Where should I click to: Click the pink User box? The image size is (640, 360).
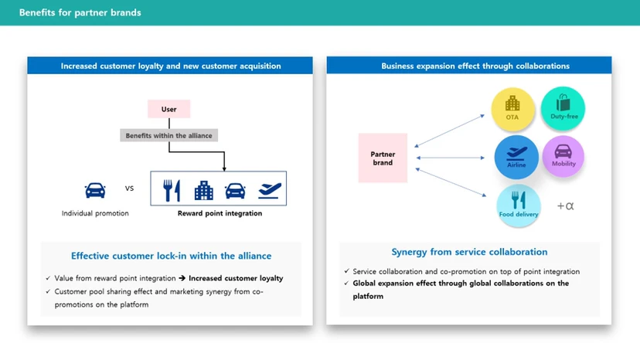pyautogui.click(x=169, y=109)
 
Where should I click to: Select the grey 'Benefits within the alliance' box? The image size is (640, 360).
pyautogui.click(x=169, y=136)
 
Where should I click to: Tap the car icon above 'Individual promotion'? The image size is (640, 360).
pyautogui.click(x=95, y=189)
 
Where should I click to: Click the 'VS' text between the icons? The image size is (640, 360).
pyautogui.click(x=129, y=188)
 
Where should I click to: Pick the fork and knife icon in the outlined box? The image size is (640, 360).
pyautogui.click(x=172, y=189)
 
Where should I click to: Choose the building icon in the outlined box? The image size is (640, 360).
pyautogui.click(x=203, y=189)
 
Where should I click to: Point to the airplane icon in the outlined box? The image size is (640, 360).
pyautogui.click(x=268, y=189)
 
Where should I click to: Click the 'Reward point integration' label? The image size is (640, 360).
pyautogui.click(x=220, y=213)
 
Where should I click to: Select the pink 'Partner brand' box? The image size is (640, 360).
pyautogui.click(x=383, y=158)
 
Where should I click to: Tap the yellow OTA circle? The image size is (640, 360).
pyautogui.click(x=512, y=108)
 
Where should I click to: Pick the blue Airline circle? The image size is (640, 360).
pyautogui.click(x=516, y=157)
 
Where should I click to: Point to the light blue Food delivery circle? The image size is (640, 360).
pyautogui.click(x=519, y=205)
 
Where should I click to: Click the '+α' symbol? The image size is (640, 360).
pyautogui.click(x=567, y=206)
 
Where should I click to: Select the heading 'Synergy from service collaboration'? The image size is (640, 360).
pyautogui.click(x=469, y=252)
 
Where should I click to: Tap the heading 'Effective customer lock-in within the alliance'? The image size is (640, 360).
pyautogui.click(x=171, y=256)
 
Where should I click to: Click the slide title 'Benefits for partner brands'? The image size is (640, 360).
pyautogui.click(x=80, y=12)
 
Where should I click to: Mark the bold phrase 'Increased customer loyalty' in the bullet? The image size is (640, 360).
pyautogui.click(x=236, y=278)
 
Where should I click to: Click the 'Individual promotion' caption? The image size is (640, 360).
pyautogui.click(x=95, y=213)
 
